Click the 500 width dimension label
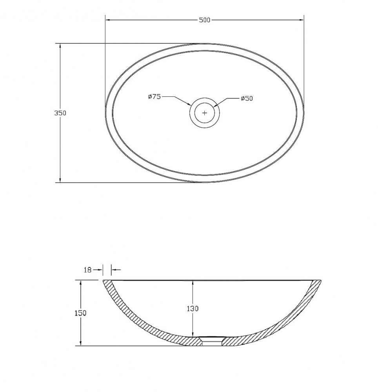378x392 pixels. tap(205, 20)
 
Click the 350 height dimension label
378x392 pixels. tap(60, 113)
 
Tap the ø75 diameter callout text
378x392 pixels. tap(154, 96)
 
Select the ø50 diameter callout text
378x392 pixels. tap(247, 98)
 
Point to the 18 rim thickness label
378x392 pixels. tap(87, 270)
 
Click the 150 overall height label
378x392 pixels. tap(80, 313)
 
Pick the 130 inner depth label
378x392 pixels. tap(193, 309)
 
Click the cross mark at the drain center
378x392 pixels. tap(205, 113)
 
